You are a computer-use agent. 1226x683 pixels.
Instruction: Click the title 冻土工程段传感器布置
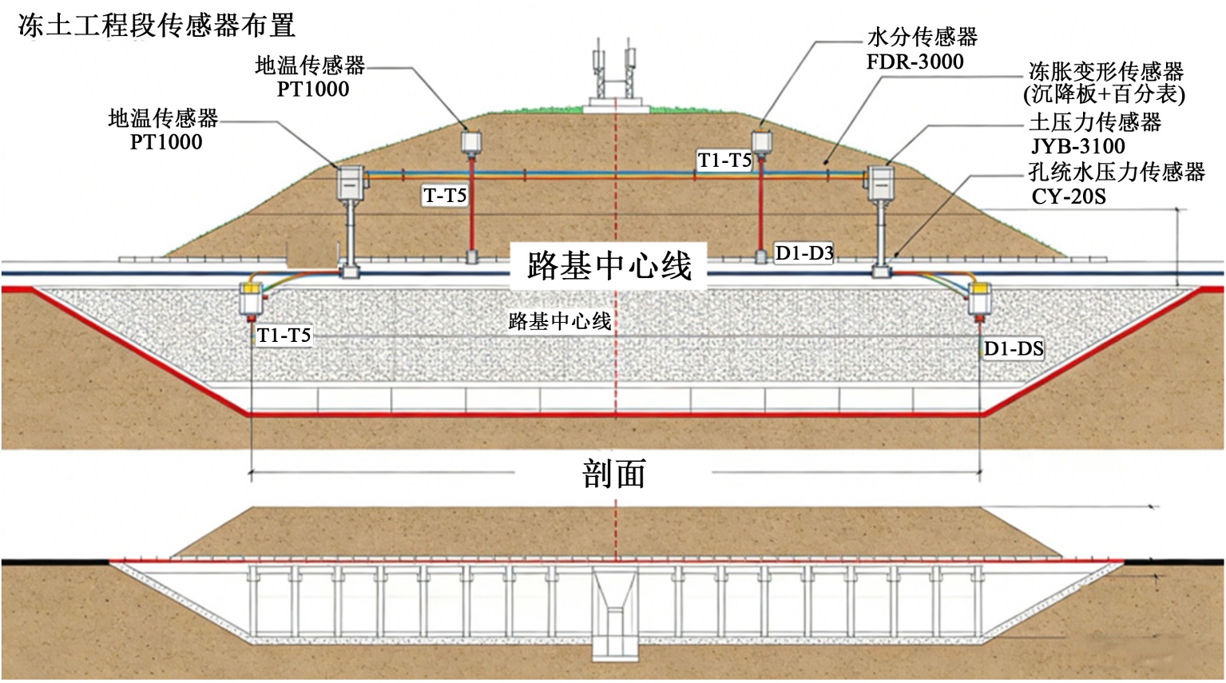(x=157, y=26)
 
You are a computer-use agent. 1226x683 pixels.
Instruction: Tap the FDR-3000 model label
(x=915, y=62)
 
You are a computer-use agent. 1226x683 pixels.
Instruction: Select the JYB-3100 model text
(x=1077, y=146)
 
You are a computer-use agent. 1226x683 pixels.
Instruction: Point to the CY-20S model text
(x=1069, y=196)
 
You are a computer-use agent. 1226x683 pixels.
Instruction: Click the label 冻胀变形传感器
(x=1105, y=71)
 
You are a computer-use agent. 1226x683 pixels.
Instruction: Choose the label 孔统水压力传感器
(x=1117, y=172)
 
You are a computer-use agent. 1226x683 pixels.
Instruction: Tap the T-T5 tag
(x=445, y=195)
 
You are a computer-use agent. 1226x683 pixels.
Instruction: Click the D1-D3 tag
(x=804, y=254)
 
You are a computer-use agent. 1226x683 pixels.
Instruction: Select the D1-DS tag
(x=1014, y=348)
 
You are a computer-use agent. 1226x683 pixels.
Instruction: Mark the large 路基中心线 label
(x=609, y=265)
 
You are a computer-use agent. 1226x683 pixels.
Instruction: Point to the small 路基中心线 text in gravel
(x=560, y=321)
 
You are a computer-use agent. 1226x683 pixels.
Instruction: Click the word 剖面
(x=613, y=475)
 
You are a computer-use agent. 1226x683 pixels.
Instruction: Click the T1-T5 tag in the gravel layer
(x=284, y=336)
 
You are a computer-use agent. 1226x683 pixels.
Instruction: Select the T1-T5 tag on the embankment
(x=724, y=161)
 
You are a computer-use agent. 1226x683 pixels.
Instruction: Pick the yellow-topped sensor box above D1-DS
(x=980, y=299)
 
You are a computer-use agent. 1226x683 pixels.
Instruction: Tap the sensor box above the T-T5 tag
(x=471, y=142)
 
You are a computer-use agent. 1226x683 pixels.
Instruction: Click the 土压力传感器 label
(x=1094, y=122)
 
